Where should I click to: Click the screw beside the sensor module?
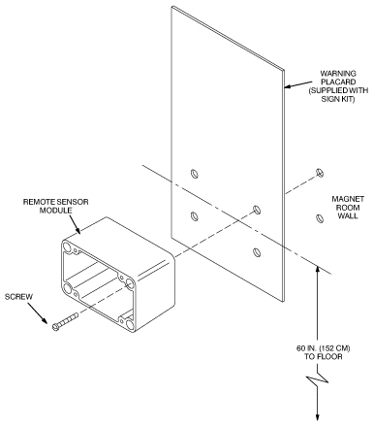click(65, 321)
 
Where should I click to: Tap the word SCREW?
click(18, 297)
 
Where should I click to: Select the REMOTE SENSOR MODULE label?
click(55, 206)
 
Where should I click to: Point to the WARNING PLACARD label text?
click(338, 78)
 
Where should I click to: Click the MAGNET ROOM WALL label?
click(348, 208)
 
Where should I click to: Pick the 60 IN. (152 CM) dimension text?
click(323, 348)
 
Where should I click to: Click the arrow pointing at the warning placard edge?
click(298, 83)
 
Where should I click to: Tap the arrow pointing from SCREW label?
click(37, 312)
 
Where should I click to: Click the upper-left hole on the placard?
click(194, 174)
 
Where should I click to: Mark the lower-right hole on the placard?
click(257, 251)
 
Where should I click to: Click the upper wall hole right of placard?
click(320, 173)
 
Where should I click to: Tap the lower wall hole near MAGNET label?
click(320, 218)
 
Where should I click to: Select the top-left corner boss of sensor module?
click(68, 247)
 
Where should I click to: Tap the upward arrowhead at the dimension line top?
click(318, 269)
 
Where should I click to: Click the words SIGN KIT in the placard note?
click(338, 99)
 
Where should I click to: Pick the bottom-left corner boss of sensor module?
click(68, 288)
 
